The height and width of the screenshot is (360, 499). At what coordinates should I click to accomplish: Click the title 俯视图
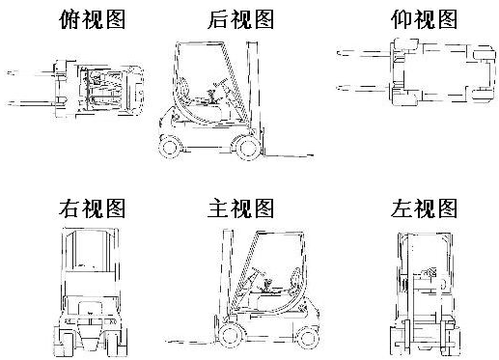(93, 19)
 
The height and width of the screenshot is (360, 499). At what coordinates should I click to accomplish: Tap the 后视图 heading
(241, 19)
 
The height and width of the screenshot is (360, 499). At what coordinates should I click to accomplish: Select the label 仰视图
(425, 19)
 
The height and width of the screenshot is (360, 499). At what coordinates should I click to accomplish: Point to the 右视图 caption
(93, 208)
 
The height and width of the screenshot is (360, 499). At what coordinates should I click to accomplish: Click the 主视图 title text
(241, 208)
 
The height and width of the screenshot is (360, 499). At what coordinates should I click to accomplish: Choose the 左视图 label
(425, 208)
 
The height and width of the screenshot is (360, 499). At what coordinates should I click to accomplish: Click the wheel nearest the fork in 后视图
(248, 147)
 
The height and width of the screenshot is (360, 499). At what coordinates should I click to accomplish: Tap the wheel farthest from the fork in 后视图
(170, 147)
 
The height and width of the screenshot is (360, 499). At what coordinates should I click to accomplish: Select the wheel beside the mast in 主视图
(232, 335)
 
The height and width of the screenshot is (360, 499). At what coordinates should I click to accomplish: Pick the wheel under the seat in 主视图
(308, 336)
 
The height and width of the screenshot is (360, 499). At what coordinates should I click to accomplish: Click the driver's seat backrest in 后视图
(183, 88)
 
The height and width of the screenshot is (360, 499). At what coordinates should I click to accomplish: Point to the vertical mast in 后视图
(252, 97)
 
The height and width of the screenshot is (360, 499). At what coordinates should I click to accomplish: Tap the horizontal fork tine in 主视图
(193, 342)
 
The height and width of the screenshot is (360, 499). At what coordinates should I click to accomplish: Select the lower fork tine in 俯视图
(32, 103)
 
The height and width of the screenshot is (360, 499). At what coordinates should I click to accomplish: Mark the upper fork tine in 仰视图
(364, 53)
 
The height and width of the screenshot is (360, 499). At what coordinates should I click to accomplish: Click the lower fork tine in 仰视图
(364, 88)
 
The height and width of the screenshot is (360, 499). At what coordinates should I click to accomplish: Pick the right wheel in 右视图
(115, 342)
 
